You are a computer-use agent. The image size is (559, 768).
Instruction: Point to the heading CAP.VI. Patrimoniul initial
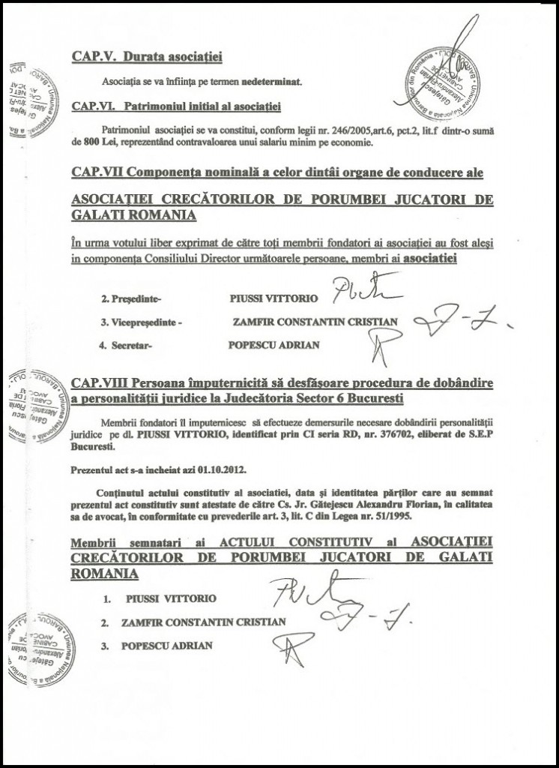[x=165, y=106]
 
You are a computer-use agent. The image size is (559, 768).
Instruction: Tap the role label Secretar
[x=127, y=347]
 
